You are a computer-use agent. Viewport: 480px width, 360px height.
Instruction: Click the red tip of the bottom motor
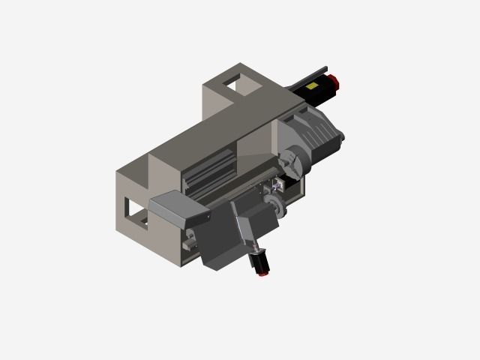(263, 273)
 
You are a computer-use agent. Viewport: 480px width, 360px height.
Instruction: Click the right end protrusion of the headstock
(340, 136)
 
